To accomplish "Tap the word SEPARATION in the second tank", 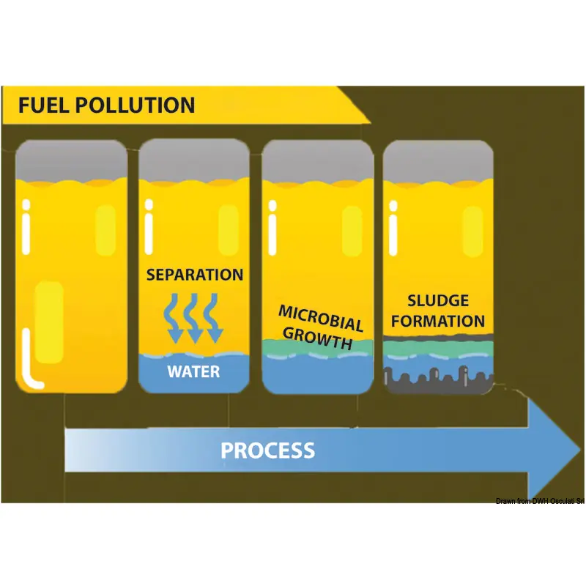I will tap(194, 275).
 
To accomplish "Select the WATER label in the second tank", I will tap(193, 371).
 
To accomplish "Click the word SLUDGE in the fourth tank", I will tap(437, 301).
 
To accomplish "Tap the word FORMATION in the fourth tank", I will tap(437, 321).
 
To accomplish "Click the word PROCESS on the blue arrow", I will tap(268, 450).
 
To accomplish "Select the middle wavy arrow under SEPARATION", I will tap(194, 316).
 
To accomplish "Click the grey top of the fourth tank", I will tap(437, 160).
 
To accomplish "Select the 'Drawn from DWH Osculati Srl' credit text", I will tap(539, 501).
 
